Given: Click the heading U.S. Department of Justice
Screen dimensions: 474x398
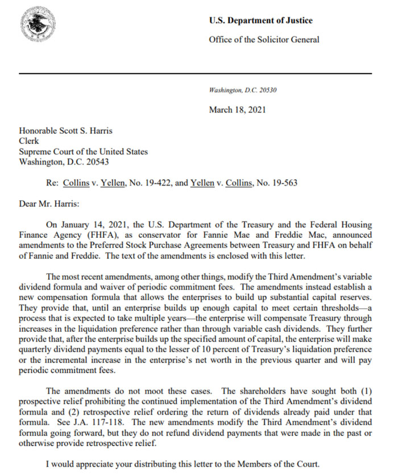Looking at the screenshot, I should [x=260, y=21].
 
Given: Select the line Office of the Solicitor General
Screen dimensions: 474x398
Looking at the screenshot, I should [x=264, y=40].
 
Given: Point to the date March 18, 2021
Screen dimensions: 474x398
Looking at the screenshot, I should [x=237, y=110].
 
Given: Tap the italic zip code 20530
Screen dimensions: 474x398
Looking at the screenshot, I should [x=267, y=90].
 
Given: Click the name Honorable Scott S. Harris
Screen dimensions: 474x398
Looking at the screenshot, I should [x=66, y=131].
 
